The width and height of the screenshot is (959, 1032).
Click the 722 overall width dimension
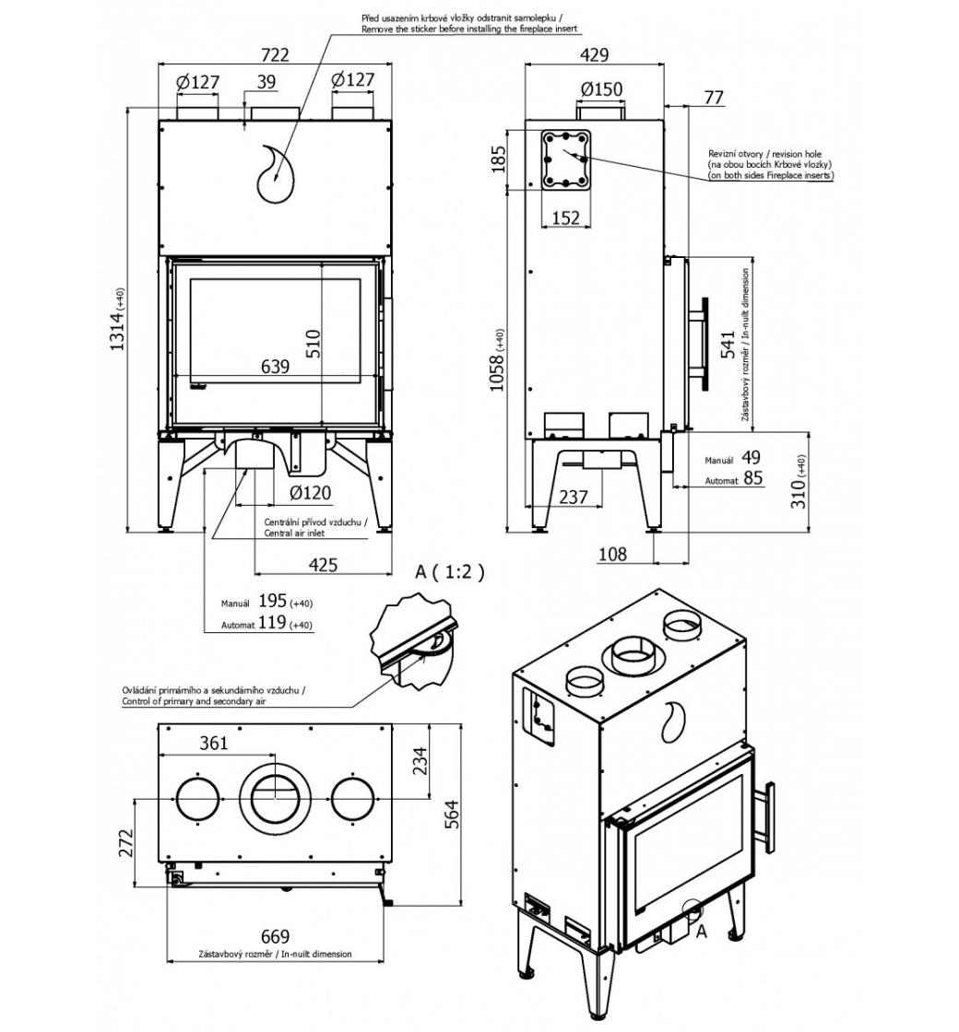[275, 54]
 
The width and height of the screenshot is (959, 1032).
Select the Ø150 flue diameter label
[601, 89]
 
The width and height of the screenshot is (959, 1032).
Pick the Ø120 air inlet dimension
[310, 493]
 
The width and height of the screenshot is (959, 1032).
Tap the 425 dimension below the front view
[322, 565]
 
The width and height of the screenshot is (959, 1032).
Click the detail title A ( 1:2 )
[449, 571]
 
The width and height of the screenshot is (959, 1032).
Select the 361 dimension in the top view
[213, 743]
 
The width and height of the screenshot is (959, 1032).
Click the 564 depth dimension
[452, 814]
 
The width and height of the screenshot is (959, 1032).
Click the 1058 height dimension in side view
[498, 359]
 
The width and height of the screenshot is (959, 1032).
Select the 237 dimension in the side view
[573, 497]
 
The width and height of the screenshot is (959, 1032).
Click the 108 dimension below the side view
[611, 553]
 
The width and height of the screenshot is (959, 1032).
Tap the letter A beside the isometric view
[700, 932]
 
